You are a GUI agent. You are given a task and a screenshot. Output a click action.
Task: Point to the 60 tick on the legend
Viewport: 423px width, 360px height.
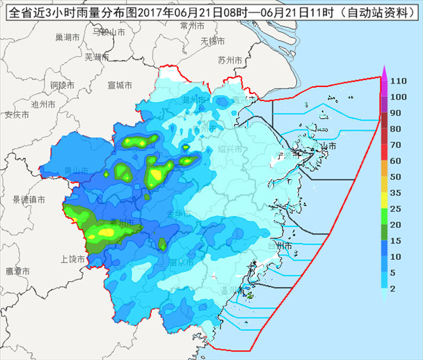pyautogui.click(x=396, y=161)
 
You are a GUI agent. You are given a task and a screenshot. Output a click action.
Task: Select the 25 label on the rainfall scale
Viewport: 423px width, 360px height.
pyautogui.click(x=396, y=209)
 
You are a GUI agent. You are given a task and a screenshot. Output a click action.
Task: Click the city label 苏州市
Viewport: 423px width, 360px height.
pyautogui.click(x=230, y=60)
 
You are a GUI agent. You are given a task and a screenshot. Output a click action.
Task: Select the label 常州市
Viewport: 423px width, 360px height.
pyautogui.click(x=192, y=25)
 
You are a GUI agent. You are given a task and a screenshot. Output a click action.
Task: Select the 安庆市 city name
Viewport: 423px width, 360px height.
pyautogui.click(x=16, y=115)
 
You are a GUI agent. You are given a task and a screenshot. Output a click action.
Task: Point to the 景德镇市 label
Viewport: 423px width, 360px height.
pyautogui.click(x=29, y=200)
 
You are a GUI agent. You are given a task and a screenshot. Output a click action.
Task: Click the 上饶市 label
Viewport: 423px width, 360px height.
pyautogui.click(x=73, y=259)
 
